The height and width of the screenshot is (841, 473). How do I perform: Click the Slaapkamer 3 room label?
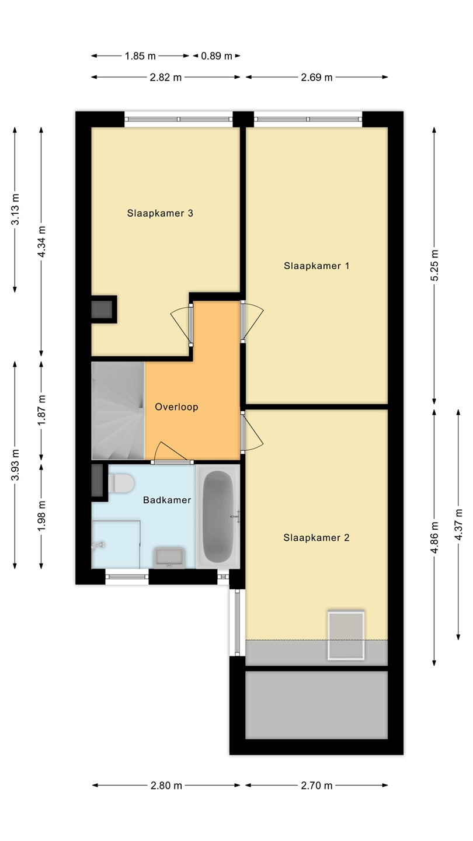(160, 213)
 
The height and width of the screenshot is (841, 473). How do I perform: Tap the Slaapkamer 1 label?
(317, 266)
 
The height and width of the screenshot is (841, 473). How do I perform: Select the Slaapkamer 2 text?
(317, 538)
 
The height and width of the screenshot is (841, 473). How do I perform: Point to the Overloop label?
(176, 407)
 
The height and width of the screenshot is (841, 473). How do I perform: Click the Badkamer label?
(167, 500)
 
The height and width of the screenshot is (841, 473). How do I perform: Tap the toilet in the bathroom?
(121, 483)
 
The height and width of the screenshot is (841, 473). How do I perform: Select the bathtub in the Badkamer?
(218, 516)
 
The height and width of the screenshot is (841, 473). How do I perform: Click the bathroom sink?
(169, 558)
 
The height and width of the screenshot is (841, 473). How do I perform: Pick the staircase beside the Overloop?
(118, 411)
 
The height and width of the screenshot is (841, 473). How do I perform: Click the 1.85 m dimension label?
(140, 56)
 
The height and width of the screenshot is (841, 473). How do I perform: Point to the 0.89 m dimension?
(217, 56)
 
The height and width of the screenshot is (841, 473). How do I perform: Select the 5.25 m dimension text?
(434, 265)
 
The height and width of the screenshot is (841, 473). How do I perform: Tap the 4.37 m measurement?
(458, 524)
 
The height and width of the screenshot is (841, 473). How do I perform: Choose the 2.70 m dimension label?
(317, 786)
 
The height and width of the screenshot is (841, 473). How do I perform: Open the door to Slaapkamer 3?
(182, 324)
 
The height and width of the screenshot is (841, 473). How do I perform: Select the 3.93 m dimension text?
(15, 465)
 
